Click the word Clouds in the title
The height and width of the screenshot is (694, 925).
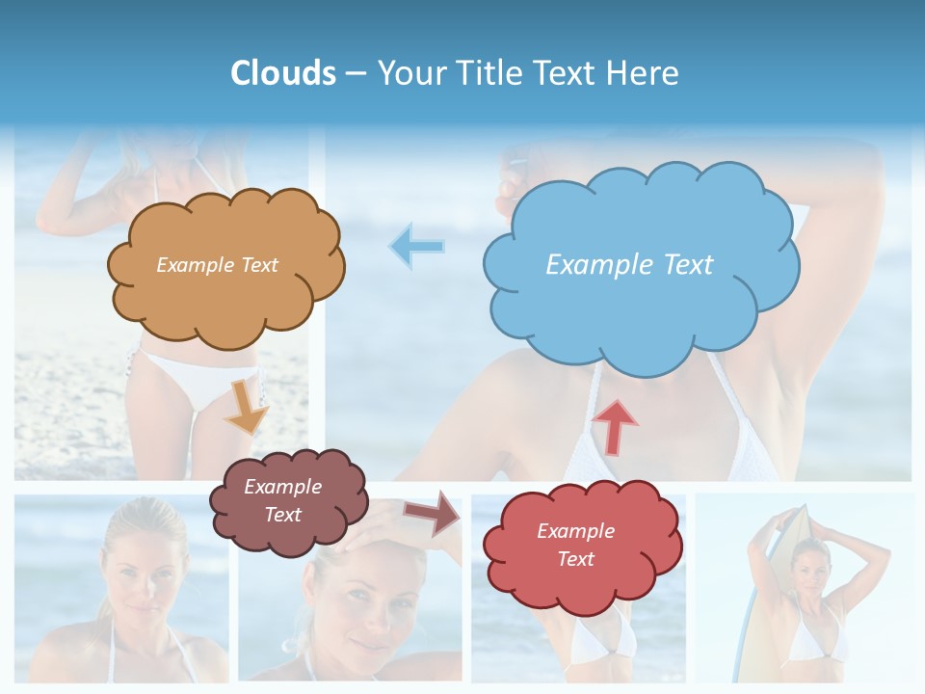283,73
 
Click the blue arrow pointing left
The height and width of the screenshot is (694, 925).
417,247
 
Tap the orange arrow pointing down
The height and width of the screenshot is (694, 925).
248,406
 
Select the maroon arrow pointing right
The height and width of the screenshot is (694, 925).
433,513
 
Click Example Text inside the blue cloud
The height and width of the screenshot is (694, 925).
629,264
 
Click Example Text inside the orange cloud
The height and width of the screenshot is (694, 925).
217,265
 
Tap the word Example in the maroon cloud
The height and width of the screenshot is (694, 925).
282,487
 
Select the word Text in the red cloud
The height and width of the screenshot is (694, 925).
575,559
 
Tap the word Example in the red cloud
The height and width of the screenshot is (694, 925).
575,531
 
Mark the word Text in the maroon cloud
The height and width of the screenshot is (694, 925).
282,515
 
